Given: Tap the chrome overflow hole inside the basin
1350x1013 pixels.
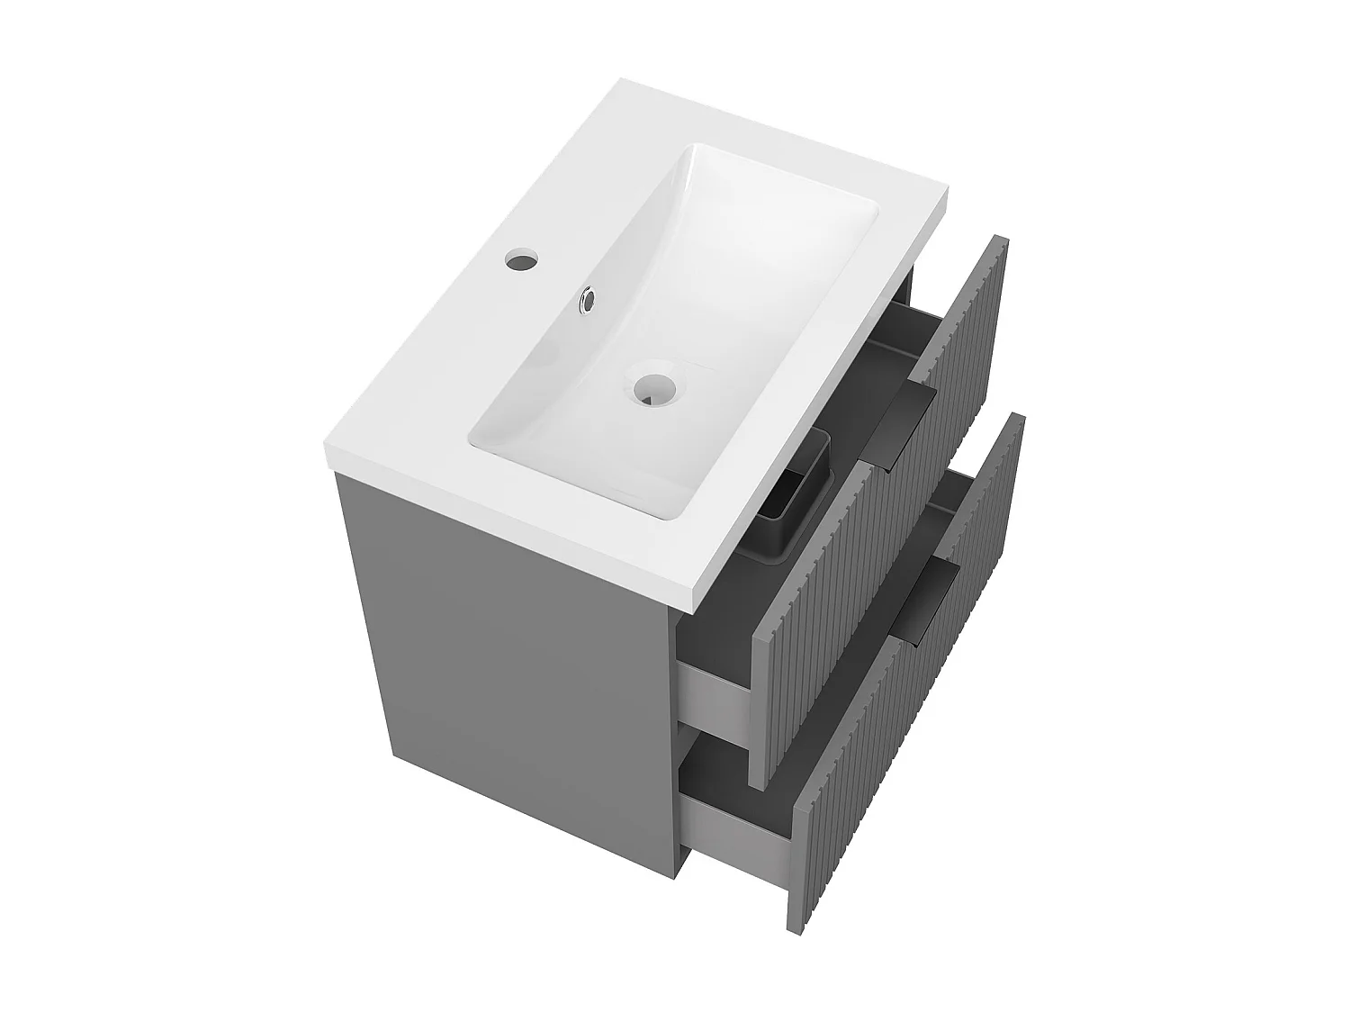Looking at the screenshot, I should click(x=588, y=300).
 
